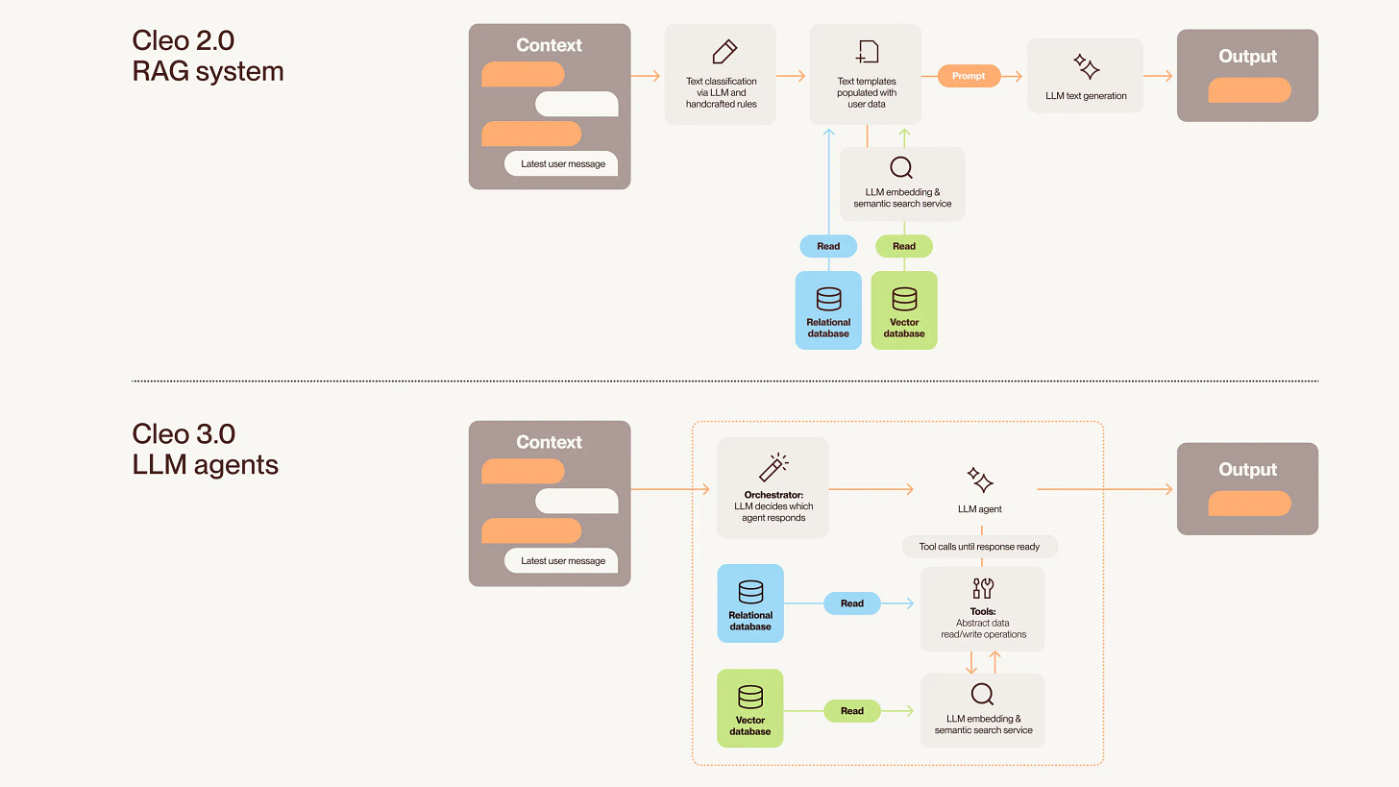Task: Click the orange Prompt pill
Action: pyautogui.click(x=968, y=76)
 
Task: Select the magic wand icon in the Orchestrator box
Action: pyautogui.click(x=773, y=467)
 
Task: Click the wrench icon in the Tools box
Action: pyautogui.click(x=982, y=588)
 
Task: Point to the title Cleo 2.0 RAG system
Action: pyautogui.click(x=208, y=56)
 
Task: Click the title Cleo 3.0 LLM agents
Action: pyautogui.click(x=206, y=450)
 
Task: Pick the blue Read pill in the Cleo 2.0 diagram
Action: pyautogui.click(x=828, y=246)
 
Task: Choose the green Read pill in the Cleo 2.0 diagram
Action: pyautogui.click(x=904, y=246)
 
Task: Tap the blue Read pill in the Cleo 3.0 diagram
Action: pyautogui.click(x=852, y=603)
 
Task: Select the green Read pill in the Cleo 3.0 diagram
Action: pyautogui.click(x=852, y=711)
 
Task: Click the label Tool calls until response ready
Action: pyautogui.click(x=979, y=547)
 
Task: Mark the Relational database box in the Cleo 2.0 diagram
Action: pyautogui.click(x=828, y=310)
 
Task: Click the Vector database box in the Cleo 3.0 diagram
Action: pyautogui.click(x=750, y=708)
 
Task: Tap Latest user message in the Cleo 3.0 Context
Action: pyautogui.click(x=562, y=560)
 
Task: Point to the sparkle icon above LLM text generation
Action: pyautogui.click(x=1086, y=67)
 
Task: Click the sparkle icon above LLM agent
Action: pyautogui.click(x=980, y=480)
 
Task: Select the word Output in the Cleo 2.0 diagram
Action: pyautogui.click(x=1247, y=57)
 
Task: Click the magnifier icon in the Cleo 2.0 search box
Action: pyautogui.click(x=901, y=168)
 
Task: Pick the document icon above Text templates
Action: pyautogui.click(x=867, y=52)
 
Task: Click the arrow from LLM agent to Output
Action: pyautogui.click(x=1105, y=490)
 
